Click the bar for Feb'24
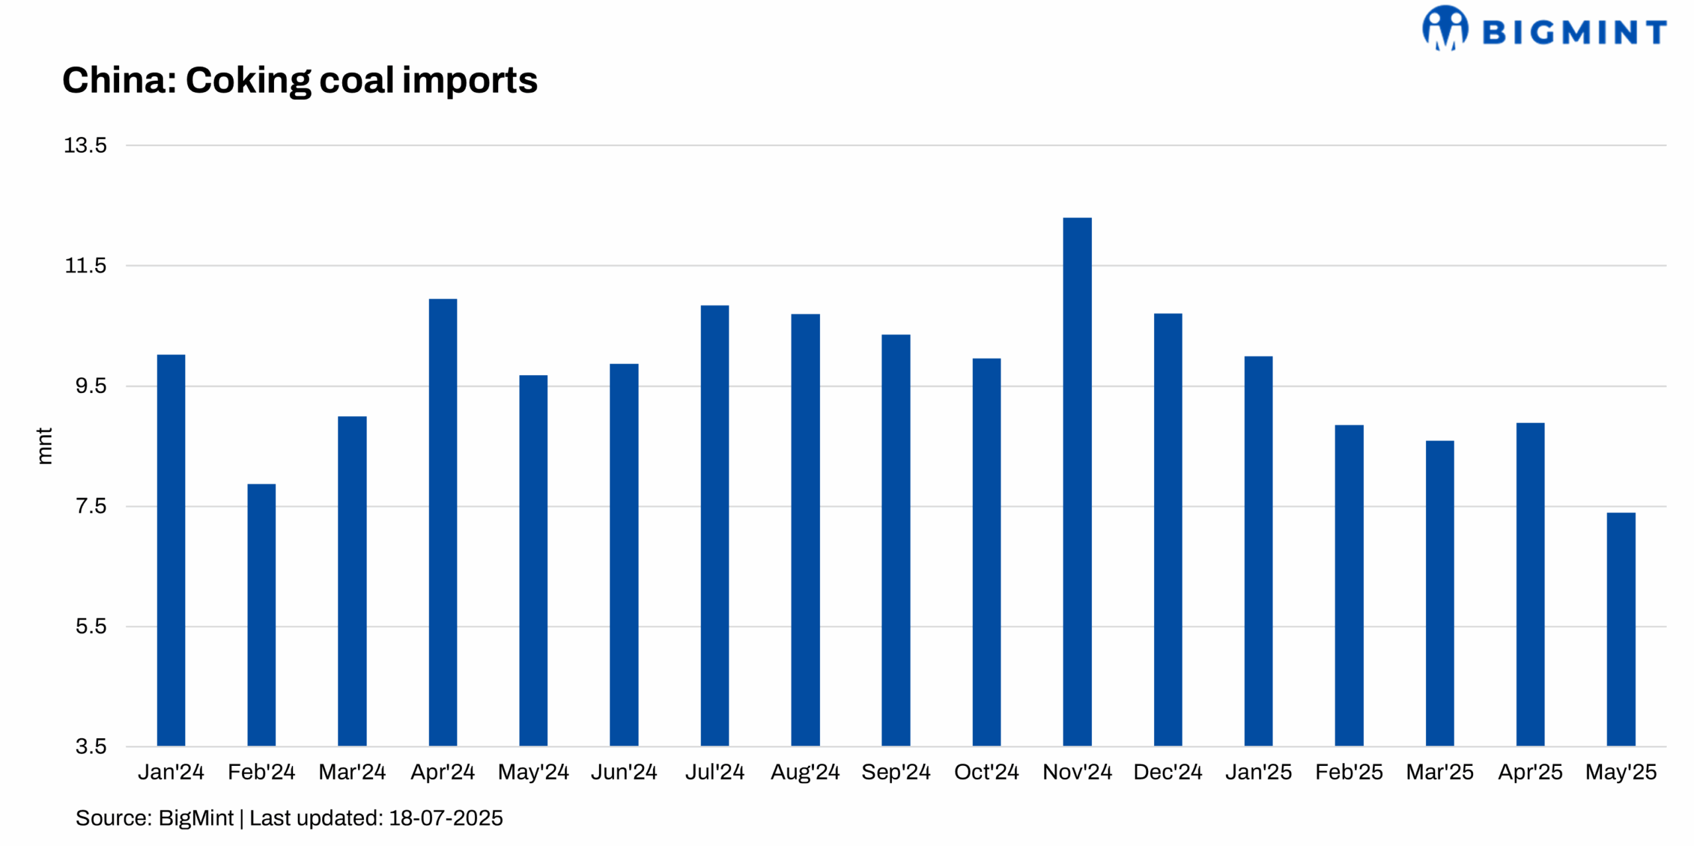coord(261,614)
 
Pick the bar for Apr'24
coord(443,522)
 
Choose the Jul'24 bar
coord(715,525)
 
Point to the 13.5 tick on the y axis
coord(85,146)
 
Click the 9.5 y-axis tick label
coord(91,386)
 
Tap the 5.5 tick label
coord(91,626)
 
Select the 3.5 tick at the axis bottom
coord(91,747)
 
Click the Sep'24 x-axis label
coord(895,772)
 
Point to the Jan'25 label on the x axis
coord(1258,772)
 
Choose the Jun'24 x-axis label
coord(623,772)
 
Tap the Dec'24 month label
coord(1167,772)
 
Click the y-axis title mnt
coord(44,446)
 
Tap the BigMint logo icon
coord(1445,28)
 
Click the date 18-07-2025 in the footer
coord(445,818)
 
